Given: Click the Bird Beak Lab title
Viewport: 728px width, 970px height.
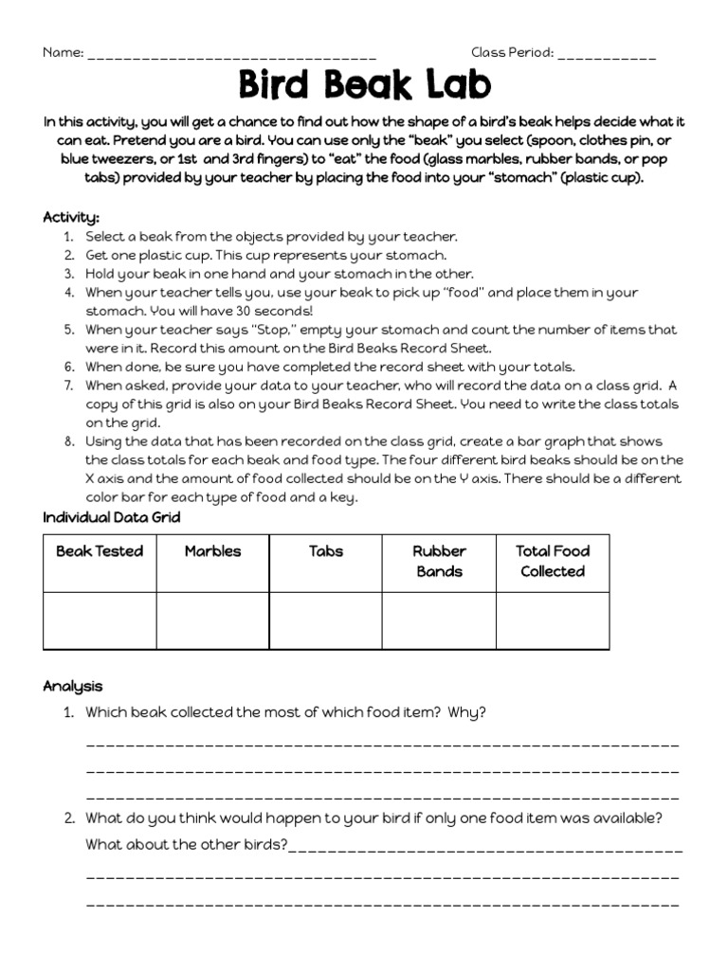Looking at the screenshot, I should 364,85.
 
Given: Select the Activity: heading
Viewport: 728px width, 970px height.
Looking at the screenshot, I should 71,217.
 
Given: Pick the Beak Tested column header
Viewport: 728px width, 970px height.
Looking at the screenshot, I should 100,551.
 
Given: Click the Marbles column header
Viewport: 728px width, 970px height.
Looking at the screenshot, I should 212,551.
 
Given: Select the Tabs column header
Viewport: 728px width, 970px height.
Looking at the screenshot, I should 326,551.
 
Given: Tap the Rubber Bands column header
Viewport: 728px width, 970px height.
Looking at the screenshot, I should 439,561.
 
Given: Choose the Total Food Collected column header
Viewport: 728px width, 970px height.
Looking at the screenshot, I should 553,561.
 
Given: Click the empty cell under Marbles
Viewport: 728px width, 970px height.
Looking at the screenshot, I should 212,620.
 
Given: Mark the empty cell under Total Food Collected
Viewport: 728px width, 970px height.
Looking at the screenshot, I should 553,620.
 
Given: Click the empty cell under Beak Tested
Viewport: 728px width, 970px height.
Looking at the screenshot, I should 100,620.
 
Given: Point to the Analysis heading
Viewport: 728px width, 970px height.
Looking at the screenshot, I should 73,686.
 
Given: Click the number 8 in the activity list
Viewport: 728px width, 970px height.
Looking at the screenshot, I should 69,442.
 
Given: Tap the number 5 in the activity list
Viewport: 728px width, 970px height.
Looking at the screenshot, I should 69,330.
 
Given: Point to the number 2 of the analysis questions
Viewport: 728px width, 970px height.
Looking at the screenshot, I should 69,817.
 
